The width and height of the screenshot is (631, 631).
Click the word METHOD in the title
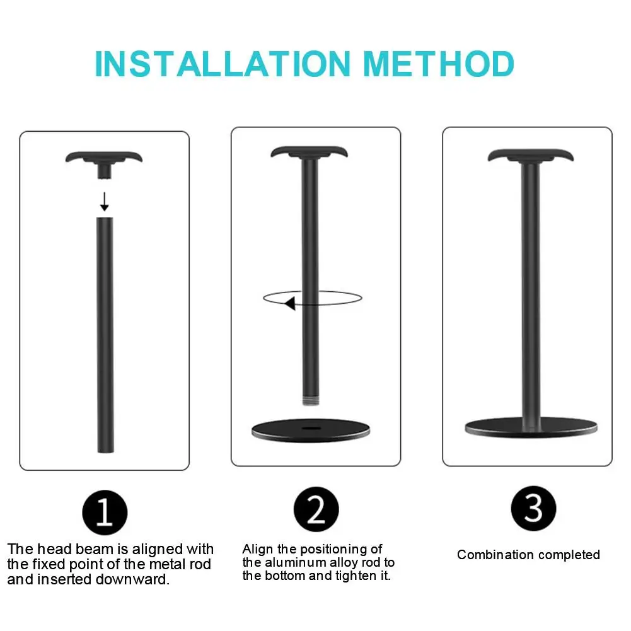[439, 64]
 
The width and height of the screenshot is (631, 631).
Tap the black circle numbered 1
[105, 512]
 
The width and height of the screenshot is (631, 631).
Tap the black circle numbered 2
[316, 509]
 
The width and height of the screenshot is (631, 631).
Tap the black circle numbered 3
[534, 508]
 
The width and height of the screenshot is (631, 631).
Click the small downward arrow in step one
[105, 202]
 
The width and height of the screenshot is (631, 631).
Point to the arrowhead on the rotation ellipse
[290, 303]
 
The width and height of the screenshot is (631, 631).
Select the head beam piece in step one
[104, 163]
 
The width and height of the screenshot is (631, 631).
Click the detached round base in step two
[311, 431]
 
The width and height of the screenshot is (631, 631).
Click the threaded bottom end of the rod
[311, 401]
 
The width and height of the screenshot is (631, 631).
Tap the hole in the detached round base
[311, 428]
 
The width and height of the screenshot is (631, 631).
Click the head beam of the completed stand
[530, 156]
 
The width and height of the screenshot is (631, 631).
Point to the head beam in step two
[309, 153]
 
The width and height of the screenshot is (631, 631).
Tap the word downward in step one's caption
[132, 579]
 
